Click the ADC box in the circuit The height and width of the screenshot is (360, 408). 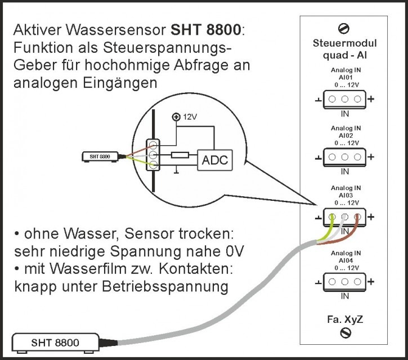coord(214,160)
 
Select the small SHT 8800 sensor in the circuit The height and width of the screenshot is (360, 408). coord(100,156)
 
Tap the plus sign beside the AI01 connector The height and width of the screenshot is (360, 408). coord(371,99)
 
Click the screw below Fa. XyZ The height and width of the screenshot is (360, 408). coord(346,334)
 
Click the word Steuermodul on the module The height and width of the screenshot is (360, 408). coord(345,43)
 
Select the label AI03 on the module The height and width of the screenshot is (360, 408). coord(345,194)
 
